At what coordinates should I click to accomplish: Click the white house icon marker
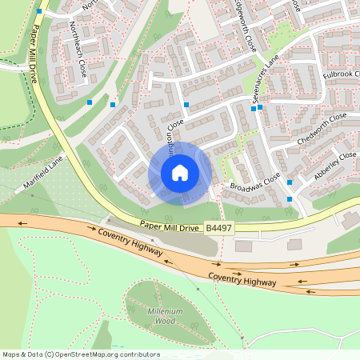[180, 172]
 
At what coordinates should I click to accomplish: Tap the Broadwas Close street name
[255, 182]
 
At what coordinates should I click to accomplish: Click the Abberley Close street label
[336, 162]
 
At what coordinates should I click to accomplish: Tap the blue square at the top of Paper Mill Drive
[40, 12]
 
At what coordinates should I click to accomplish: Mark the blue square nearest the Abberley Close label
[290, 182]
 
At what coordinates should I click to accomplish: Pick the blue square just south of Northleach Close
[90, 102]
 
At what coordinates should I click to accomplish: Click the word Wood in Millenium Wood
[166, 320]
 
